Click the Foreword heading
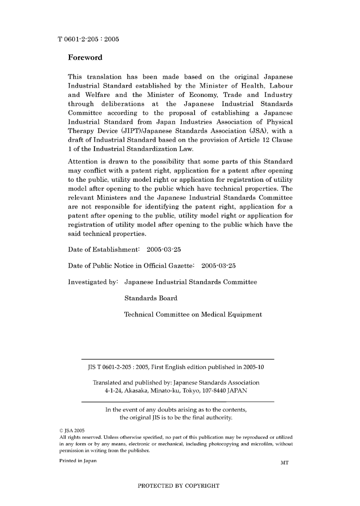(85, 58)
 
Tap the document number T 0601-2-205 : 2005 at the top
(88, 39)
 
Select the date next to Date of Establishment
(163, 250)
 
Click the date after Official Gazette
(218, 266)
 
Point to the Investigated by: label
(93, 282)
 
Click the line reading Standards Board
(151, 298)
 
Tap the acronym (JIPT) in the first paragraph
(131, 131)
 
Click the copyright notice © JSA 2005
(72, 431)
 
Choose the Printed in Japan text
(78, 461)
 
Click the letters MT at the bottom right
(285, 463)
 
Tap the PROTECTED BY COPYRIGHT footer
(178, 486)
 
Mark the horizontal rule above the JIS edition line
(178, 359)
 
